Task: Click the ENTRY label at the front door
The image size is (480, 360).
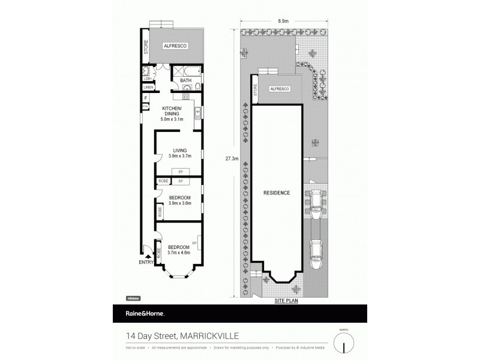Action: [146, 262]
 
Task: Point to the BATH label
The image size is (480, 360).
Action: [186, 80]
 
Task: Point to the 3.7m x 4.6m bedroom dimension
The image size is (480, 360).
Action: [179, 253]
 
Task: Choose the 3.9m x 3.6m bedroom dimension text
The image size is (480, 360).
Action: [179, 203]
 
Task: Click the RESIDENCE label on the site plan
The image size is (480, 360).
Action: [277, 193]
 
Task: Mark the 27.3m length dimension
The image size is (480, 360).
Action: [232, 159]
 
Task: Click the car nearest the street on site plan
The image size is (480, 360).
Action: [317, 254]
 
